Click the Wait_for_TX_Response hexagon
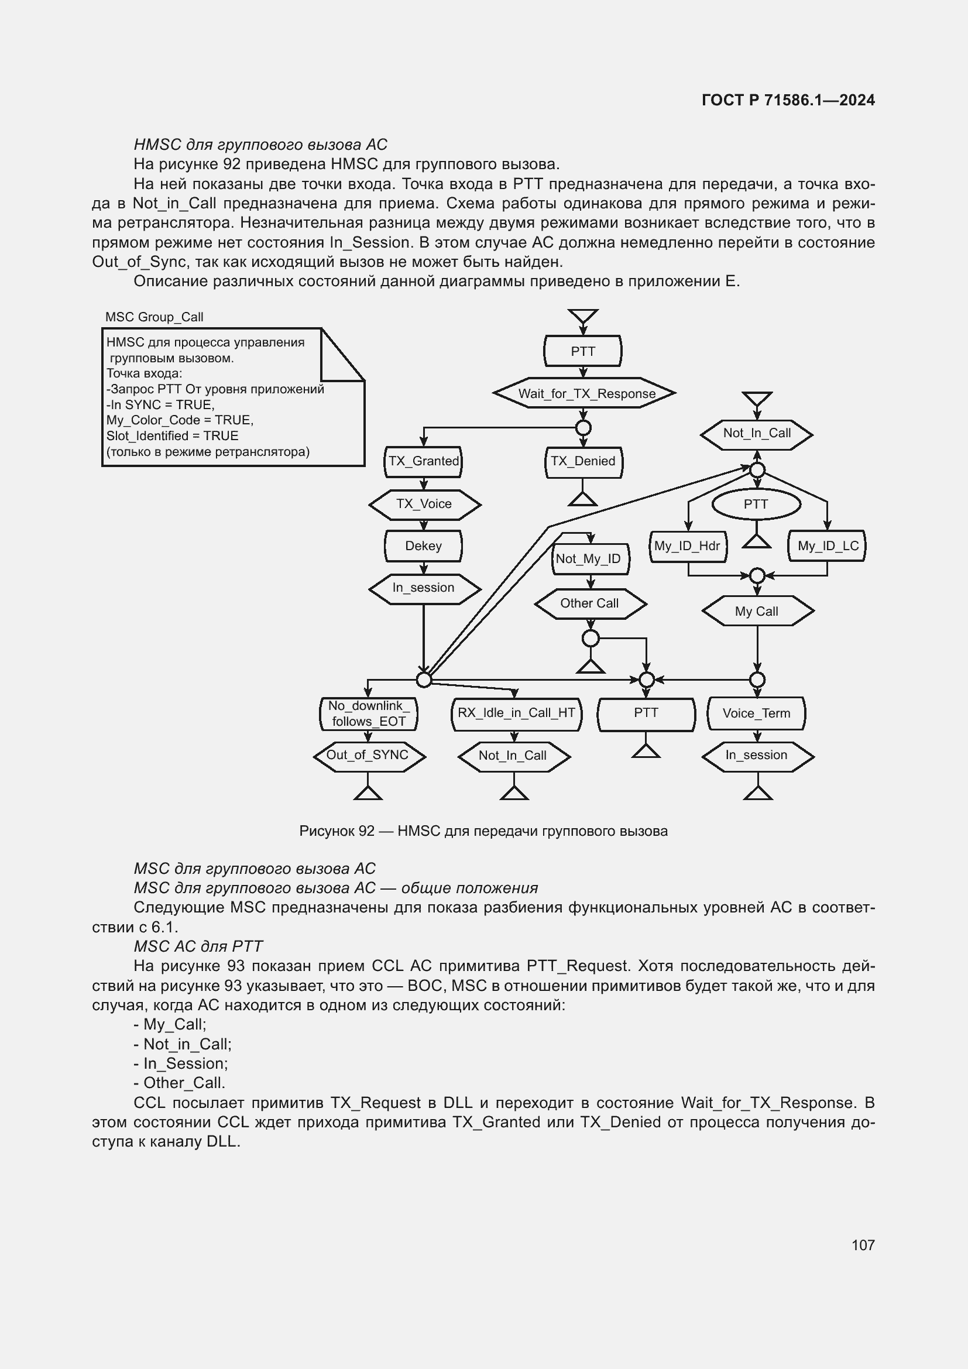pos(584,393)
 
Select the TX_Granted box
pos(423,461)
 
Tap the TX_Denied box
pos(583,461)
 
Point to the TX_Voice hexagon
pos(424,504)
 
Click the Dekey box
pos(423,545)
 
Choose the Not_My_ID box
pos(589,559)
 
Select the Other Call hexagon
pos(589,603)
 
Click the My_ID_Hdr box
pos(687,545)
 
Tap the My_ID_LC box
pos(828,545)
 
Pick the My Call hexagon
pos(757,611)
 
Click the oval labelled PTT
pos(756,505)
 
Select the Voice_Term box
pos(756,713)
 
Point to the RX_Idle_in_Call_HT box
pos(516,713)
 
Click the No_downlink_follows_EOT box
pos(368,713)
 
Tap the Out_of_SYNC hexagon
pos(368,756)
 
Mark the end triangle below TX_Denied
pos(582,500)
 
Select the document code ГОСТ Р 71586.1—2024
pos(787,100)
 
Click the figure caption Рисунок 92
pos(483,831)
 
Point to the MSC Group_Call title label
pos(155,317)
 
